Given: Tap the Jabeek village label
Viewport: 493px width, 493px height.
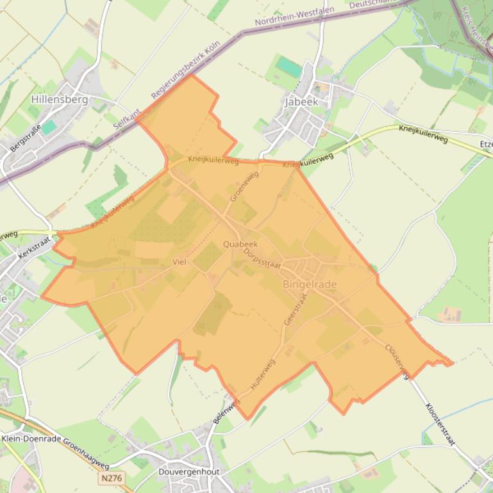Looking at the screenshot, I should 301,102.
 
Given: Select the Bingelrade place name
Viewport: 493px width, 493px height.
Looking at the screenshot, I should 310,284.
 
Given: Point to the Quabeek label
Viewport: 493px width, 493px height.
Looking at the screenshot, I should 240,245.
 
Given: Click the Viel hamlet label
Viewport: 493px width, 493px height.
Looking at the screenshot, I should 179,262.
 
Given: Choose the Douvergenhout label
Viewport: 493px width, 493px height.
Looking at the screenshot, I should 188,472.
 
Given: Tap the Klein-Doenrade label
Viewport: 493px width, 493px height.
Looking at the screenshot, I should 29,439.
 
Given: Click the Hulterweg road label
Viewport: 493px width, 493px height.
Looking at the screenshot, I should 263,375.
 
